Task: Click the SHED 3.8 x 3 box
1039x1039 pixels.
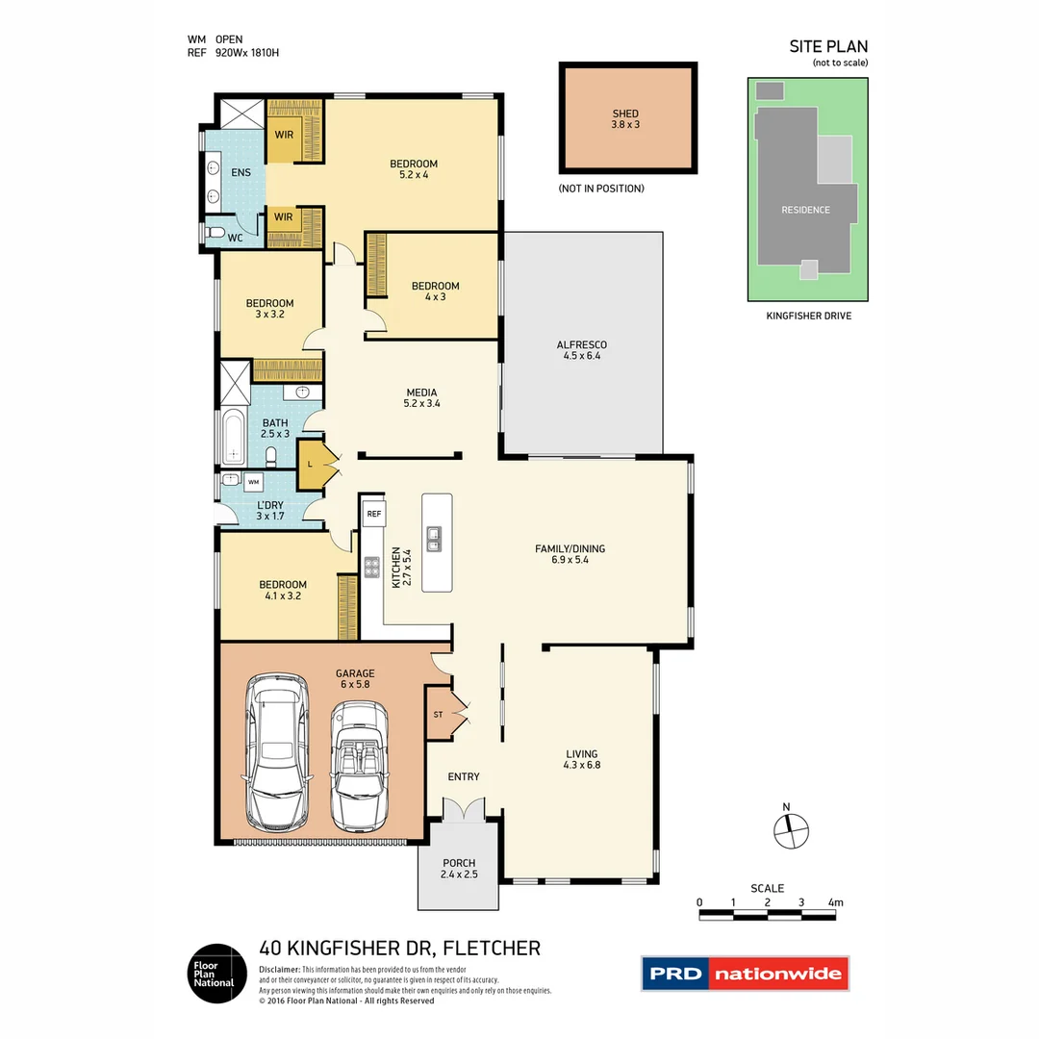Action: tap(627, 118)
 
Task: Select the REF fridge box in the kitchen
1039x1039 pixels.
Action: tap(374, 515)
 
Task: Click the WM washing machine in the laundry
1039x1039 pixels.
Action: tap(254, 481)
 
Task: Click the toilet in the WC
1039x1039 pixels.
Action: tap(217, 233)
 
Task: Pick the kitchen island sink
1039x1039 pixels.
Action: tap(435, 540)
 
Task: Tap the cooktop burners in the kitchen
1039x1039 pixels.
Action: tap(370, 568)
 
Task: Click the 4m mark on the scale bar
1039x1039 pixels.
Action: tap(835, 903)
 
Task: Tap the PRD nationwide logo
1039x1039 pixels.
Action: tap(746, 974)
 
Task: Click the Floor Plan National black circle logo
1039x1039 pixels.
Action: tap(214, 973)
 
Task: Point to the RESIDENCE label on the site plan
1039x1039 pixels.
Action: tap(805, 210)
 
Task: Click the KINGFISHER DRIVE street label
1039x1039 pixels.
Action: tap(808, 316)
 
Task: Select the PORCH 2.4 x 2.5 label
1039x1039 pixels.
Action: tap(459, 869)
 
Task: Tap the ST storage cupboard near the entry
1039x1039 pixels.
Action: tap(440, 714)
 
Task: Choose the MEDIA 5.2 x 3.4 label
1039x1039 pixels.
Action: tap(421, 398)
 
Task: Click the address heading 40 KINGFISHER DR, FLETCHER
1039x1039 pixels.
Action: tap(400, 948)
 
